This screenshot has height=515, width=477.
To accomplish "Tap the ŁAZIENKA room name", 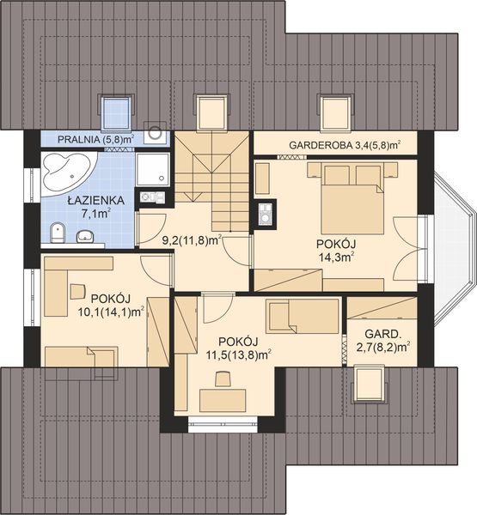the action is pos(96,200).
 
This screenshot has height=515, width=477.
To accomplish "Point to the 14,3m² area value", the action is pos(336,257).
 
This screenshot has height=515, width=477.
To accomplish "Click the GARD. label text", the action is pos(383,334).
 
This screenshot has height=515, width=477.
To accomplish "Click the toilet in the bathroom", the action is pos(58,233).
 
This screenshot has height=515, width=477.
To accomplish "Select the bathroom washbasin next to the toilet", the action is pos(85,236).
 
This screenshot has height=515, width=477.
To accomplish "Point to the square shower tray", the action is pos(153,169).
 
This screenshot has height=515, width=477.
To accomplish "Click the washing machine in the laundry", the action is pos(156,132).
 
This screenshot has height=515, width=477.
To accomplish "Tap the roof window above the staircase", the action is pos(212,112).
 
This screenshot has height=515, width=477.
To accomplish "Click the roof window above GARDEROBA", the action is pos(336,112).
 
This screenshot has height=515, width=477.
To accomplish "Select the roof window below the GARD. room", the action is pos(370,385).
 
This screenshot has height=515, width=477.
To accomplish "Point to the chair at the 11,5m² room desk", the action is pos(223,379).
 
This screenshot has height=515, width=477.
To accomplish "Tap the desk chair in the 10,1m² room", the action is pos(77,292).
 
